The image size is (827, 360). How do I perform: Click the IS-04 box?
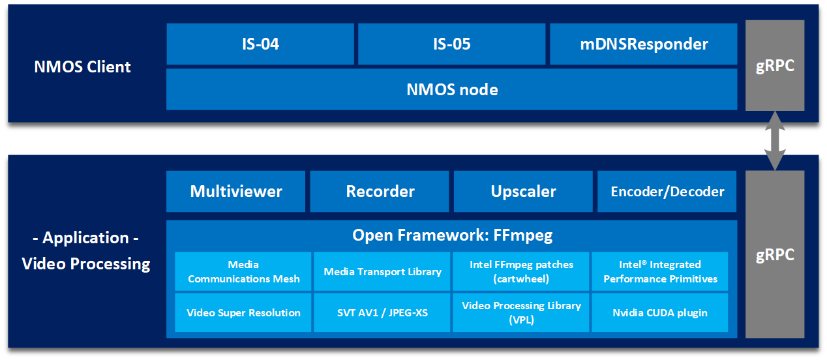pyautogui.click(x=260, y=44)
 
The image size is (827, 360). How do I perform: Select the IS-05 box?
pyautogui.click(x=452, y=44)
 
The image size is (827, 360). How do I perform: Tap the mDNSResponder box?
pyautogui.click(x=643, y=44)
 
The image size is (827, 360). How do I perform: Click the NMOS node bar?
pyautogui.click(x=452, y=89)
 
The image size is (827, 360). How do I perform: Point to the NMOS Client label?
pyautogui.click(x=82, y=67)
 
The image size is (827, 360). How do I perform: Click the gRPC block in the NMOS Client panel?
pyautogui.click(x=775, y=65)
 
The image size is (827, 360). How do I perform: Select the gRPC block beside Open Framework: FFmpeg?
pyautogui.click(x=775, y=254)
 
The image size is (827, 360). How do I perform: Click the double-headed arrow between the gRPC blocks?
pyautogui.click(x=775, y=141)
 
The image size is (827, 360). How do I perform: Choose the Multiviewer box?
pyautogui.click(x=235, y=192)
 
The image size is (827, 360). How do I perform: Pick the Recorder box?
pyautogui.click(x=380, y=192)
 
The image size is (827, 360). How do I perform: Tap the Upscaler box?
pyautogui.click(x=523, y=192)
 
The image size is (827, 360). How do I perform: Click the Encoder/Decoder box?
pyautogui.click(x=667, y=192)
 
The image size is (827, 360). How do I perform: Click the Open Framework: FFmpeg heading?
pyautogui.click(x=452, y=235)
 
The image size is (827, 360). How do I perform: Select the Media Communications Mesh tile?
pyautogui.click(x=243, y=271)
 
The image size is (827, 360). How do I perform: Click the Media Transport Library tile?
pyautogui.click(x=382, y=271)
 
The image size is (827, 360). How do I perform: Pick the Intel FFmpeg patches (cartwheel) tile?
pyautogui.click(x=521, y=271)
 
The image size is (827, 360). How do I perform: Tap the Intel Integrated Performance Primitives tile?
pyautogui.click(x=660, y=271)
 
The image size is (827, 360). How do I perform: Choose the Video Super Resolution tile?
pyautogui.click(x=243, y=313)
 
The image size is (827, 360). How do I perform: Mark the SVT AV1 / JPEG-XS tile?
pyautogui.click(x=382, y=313)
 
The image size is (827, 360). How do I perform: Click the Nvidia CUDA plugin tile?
pyautogui.click(x=660, y=313)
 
